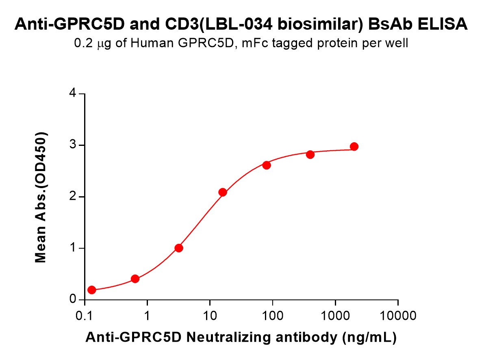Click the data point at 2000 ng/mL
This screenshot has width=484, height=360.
point(354,147)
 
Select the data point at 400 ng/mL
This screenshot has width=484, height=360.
point(310,154)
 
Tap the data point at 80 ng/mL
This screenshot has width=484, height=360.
point(267,165)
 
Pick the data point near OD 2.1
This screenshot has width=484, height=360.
point(223,192)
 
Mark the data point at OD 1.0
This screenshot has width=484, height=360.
point(179,248)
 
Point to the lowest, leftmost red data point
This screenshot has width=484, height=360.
point(92,290)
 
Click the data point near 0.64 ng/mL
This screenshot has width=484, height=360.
point(135,279)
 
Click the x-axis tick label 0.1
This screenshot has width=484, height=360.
point(84,316)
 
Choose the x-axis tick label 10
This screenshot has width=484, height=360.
point(210,316)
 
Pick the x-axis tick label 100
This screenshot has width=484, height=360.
point(272,316)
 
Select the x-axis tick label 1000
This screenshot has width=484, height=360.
point(335,316)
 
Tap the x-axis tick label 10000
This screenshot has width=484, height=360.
point(398,316)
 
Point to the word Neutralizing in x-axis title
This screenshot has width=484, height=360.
point(228,337)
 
